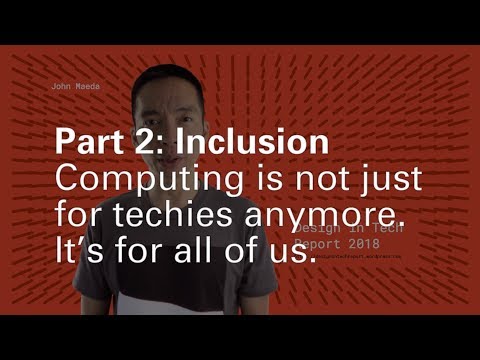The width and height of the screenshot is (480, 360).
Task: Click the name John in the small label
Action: [61, 87]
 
